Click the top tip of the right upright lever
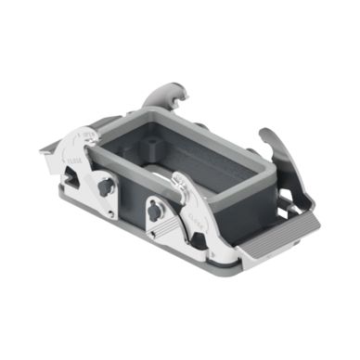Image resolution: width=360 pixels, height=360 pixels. (264, 132)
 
